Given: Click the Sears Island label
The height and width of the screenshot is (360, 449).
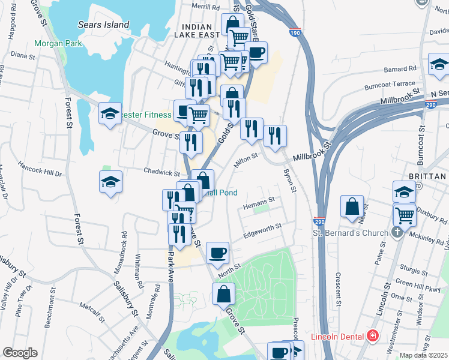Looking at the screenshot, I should (x=103, y=25).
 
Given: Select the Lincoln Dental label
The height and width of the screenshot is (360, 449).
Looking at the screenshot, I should (x=339, y=337).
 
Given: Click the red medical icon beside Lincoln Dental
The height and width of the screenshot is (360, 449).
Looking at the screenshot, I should (x=373, y=336).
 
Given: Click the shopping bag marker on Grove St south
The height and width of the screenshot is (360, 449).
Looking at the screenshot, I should (x=223, y=294).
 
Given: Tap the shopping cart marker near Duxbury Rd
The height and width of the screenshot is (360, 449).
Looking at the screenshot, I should (x=405, y=214).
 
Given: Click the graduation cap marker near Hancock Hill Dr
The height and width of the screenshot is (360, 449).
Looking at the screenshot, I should (x=110, y=182).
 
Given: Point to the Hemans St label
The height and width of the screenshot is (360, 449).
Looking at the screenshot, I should (x=259, y=200).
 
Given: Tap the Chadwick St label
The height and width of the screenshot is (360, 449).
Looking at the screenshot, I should (x=158, y=172).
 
